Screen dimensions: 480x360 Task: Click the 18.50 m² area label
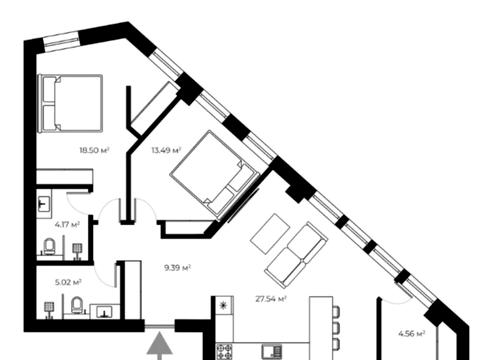tap(95, 150)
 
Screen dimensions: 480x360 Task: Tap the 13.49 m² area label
tap(166, 150)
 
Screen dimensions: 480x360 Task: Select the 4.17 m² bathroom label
tap(67, 224)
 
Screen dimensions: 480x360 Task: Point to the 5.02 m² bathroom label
tap(68, 283)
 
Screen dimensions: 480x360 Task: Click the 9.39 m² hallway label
tap(177, 268)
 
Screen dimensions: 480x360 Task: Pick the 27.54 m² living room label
tap(271, 299)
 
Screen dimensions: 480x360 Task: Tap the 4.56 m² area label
tap(412, 333)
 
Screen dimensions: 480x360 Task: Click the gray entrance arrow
tap(160, 346)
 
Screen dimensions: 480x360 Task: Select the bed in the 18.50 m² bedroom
tap(70, 103)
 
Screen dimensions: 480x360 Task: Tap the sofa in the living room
tap(296, 255)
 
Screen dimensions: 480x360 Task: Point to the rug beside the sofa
tap(270, 233)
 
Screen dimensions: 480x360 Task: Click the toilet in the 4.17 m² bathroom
tap(50, 247)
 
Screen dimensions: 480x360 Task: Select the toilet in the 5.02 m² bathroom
tap(77, 305)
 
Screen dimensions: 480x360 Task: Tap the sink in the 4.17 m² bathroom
tap(44, 204)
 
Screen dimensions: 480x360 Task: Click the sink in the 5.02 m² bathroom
tap(105, 312)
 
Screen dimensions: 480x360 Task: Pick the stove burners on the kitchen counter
tap(224, 352)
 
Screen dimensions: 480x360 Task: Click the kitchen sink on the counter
tap(272, 352)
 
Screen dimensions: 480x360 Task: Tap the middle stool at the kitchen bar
tap(336, 328)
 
